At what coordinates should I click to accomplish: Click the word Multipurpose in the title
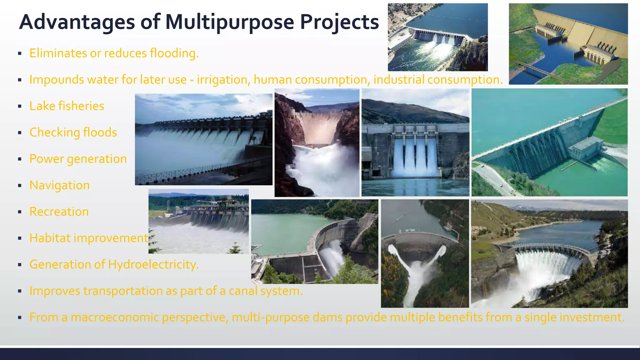click(x=229, y=22)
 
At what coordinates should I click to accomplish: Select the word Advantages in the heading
click(x=77, y=22)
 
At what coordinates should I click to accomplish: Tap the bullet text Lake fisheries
click(x=67, y=106)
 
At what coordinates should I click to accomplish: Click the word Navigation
click(x=59, y=185)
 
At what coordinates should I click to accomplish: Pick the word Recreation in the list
click(x=59, y=212)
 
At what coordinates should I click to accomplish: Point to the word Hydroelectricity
click(x=153, y=264)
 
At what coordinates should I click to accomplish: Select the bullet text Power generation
click(x=78, y=159)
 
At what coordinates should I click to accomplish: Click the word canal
click(x=243, y=291)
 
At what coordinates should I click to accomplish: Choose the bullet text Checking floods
click(x=73, y=132)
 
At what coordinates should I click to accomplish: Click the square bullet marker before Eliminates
click(x=20, y=53)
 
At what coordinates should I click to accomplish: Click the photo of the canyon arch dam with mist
click(x=317, y=142)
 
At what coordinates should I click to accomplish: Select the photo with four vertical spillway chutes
click(x=415, y=142)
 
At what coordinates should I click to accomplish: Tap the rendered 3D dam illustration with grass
click(x=568, y=44)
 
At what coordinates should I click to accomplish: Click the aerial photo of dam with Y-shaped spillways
click(x=425, y=253)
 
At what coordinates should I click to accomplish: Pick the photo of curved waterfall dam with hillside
click(x=549, y=253)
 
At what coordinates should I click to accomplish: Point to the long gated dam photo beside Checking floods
click(x=203, y=139)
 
